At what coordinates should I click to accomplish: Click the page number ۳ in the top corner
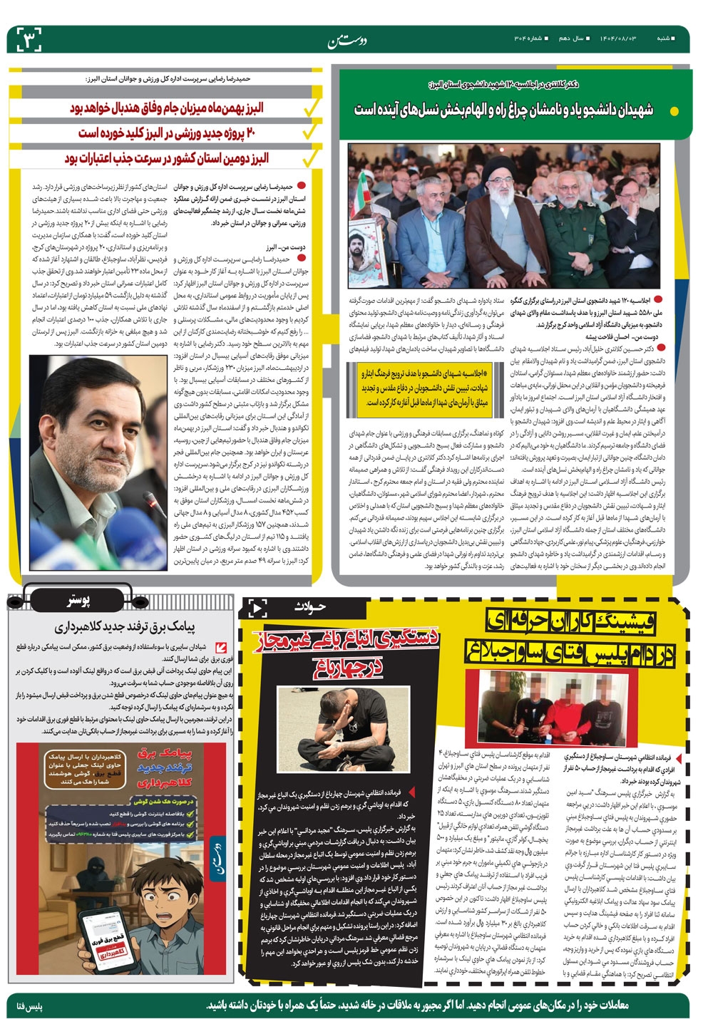[x=29, y=39]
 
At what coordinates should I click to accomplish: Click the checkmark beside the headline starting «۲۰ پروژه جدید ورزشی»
[x=309, y=133]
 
